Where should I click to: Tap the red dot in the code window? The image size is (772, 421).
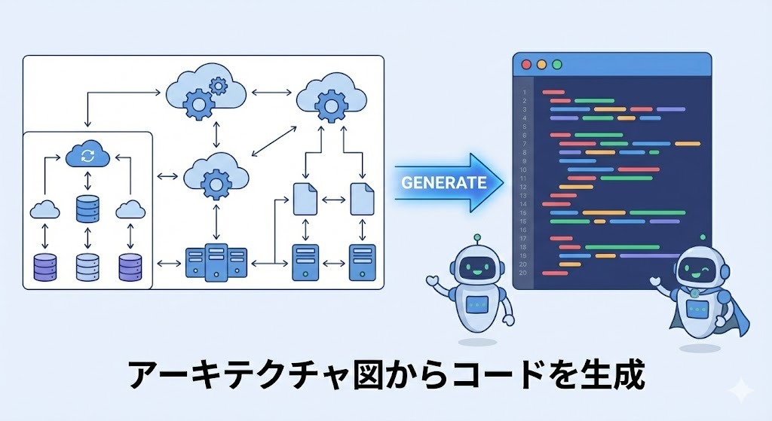click(x=526, y=65)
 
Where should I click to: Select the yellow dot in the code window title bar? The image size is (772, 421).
click(x=541, y=65)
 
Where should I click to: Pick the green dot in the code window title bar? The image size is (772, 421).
click(x=557, y=65)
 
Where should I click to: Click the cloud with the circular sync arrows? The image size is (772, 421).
click(x=87, y=156)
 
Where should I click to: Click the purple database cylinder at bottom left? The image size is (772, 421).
click(x=44, y=266)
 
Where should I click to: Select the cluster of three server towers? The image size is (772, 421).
click(x=216, y=263)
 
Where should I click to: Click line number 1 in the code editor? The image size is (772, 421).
click(x=523, y=92)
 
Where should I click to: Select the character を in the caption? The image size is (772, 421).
click(x=554, y=374)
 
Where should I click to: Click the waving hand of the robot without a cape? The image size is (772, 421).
click(x=433, y=281)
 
